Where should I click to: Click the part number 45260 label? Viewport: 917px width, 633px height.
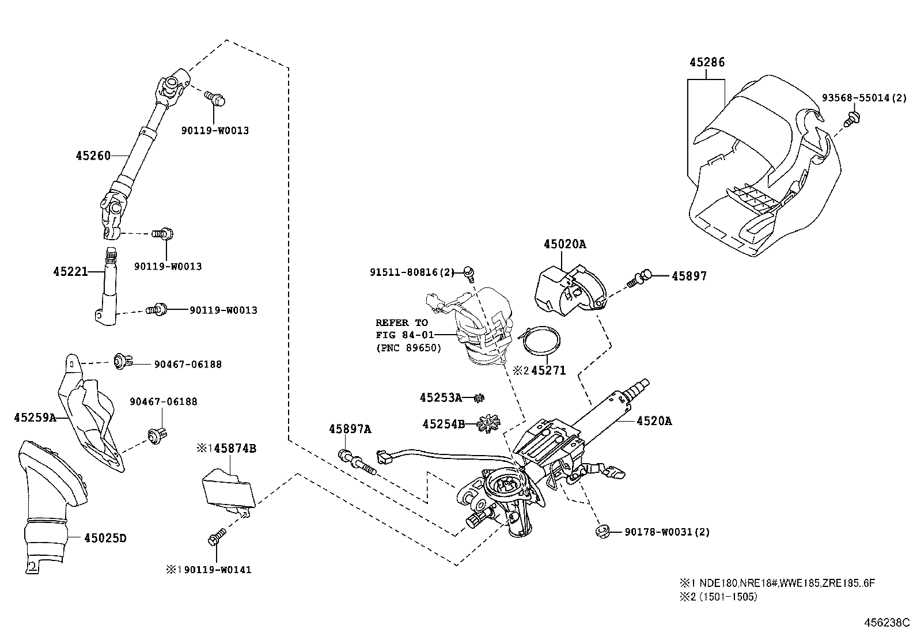[x=92, y=156]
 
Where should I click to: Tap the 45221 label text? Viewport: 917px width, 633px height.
[x=70, y=271]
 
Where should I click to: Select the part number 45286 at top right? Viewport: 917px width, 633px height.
[x=707, y=62]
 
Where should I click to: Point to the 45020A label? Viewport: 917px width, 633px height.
[x=564, y=244]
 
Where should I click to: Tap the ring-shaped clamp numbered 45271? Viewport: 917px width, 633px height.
[x=540, y=341]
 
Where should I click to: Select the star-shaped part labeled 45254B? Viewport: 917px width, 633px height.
[x=487, y=424]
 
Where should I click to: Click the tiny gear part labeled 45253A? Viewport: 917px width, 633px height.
[x=478, y=397]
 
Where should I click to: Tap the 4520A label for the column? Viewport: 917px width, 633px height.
[x=654, y=421]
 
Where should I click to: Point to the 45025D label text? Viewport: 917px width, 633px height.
[x=105, y=538]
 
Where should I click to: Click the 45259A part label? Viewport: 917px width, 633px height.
[x=35, y=418]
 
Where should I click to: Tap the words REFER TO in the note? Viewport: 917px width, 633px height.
[x=401, y=323]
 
